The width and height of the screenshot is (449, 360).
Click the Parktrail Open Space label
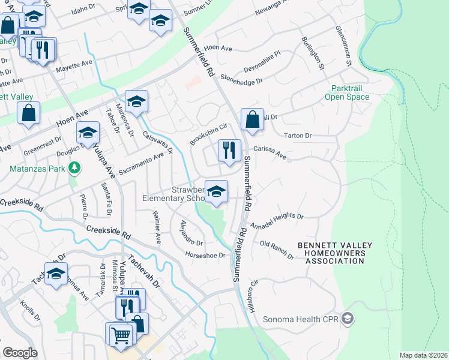pos(348,91)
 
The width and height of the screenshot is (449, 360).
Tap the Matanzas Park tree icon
pos(74,168)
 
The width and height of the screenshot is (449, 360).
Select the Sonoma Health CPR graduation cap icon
pos(348,318)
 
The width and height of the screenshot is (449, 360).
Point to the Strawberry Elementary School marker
pos(217,192)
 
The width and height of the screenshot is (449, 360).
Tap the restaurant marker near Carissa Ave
pos(229,151)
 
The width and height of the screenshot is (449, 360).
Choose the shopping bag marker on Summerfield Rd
pos(253,119)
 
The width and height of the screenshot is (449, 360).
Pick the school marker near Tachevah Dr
pos(56,274)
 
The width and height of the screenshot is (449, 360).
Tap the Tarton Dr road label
pos(298,136)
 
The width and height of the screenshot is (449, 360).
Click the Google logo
pos(20,353)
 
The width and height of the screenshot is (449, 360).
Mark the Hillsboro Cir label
pos(254,296)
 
